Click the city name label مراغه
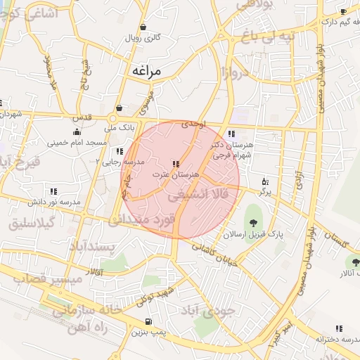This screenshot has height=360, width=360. pos(146,71)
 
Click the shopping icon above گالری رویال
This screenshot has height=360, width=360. pos(143,27)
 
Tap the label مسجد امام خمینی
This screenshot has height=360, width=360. pos(77,143)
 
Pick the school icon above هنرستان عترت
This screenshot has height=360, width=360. pos(175,164)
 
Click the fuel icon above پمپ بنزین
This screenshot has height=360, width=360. pos(146,321)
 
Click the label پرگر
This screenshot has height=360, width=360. pos(265,191)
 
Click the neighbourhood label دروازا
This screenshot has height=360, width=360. pos(234,71)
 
